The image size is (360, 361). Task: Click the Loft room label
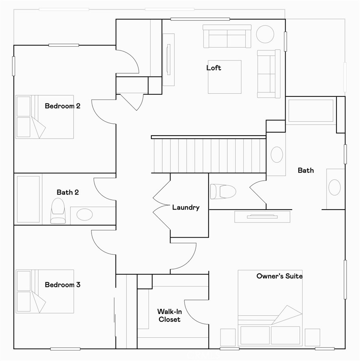tap(214, 68)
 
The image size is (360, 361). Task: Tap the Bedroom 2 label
tap(62, 106)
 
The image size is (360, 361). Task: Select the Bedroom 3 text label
tap(62, 285)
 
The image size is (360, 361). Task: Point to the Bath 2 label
tap(68, 192)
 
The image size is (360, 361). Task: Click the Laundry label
tap(185, 208)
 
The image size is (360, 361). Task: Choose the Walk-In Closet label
tap(169, 315)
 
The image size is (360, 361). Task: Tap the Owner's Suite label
tap(279, 276)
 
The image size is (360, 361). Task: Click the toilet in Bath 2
tap(57, 210)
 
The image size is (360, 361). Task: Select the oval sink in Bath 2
tap(84, 214)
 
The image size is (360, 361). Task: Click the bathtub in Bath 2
tap(28, 199)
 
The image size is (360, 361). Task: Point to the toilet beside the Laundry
tap(223, 191)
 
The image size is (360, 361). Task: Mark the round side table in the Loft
tap(265, 34)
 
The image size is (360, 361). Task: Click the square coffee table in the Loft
tap(225, 77)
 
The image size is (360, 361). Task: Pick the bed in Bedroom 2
tap(45, 117)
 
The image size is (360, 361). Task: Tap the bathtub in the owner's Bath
tap(311, 110)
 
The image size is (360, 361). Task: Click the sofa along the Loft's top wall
tap(227, 36)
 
